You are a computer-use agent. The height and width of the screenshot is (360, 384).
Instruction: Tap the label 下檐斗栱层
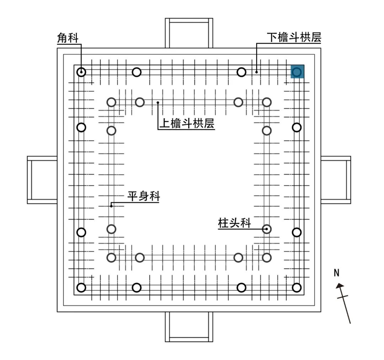point(294,38)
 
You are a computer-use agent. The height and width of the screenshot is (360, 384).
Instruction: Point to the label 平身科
point(144,196)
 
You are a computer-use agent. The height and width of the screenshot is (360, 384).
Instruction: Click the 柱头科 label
point(234,223)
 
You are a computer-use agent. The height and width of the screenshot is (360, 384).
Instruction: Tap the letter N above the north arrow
point(336,273)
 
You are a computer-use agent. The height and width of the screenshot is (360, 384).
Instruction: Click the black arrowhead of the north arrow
point(340,285)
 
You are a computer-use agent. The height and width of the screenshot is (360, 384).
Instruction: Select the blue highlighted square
point(297,72)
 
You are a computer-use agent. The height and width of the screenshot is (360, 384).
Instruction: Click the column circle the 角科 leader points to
point(81,72)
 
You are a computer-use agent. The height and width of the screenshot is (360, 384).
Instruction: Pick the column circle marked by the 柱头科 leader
point(267,229)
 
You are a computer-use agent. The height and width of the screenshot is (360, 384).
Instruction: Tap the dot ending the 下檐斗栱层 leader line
point(256,72)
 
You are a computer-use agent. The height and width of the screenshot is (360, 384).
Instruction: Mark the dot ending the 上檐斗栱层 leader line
point(158,102)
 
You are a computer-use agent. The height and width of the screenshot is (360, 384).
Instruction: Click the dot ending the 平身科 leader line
point(111,205)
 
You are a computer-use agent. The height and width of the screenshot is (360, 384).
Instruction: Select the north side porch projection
point(189,33)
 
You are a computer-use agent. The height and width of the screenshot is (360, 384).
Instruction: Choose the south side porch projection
point(189,327)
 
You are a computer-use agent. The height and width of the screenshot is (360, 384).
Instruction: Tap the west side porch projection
point(42,180)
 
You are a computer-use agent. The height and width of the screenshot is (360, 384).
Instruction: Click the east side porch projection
point(336,180)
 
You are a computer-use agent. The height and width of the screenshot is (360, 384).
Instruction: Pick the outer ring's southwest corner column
point(81,288)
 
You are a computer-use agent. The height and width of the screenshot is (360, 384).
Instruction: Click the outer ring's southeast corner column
point(297,288)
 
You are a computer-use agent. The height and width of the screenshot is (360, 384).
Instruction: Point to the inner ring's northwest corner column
point(112,102)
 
